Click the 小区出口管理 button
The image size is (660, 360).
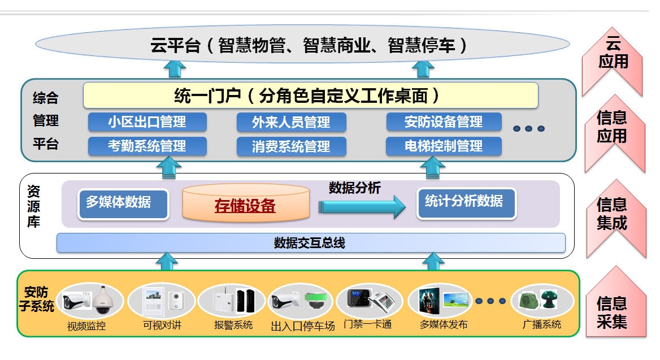[147, 122]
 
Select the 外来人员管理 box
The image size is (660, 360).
[291, 122]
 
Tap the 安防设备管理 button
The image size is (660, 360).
[444, 122]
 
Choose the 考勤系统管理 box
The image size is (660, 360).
[147, 146]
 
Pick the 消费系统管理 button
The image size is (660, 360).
[291, 147]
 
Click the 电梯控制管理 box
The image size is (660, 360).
[444, 146]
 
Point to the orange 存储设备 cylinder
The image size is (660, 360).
[246, 205]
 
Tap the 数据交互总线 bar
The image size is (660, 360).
[310, 243]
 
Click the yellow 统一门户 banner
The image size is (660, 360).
[310, 96]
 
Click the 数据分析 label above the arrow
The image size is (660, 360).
[355, 188]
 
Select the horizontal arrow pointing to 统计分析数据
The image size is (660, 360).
[362, 207]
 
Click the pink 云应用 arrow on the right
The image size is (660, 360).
[613, 59]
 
